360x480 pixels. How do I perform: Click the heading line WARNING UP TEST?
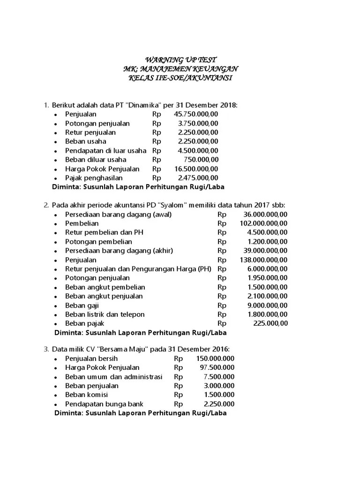180,60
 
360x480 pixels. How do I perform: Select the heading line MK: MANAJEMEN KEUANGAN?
180,69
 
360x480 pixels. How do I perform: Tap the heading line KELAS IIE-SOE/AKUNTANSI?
180,77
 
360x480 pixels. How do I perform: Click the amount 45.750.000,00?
196,114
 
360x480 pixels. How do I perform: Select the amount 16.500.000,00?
196,169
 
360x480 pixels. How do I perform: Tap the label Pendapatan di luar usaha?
105,150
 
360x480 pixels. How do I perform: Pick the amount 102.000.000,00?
263,224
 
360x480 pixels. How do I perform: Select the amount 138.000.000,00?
263,260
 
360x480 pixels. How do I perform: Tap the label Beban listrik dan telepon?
105,314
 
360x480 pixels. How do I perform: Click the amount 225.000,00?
270,323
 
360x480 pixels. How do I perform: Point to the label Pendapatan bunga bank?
104,404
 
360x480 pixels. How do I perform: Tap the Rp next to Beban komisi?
179,395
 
